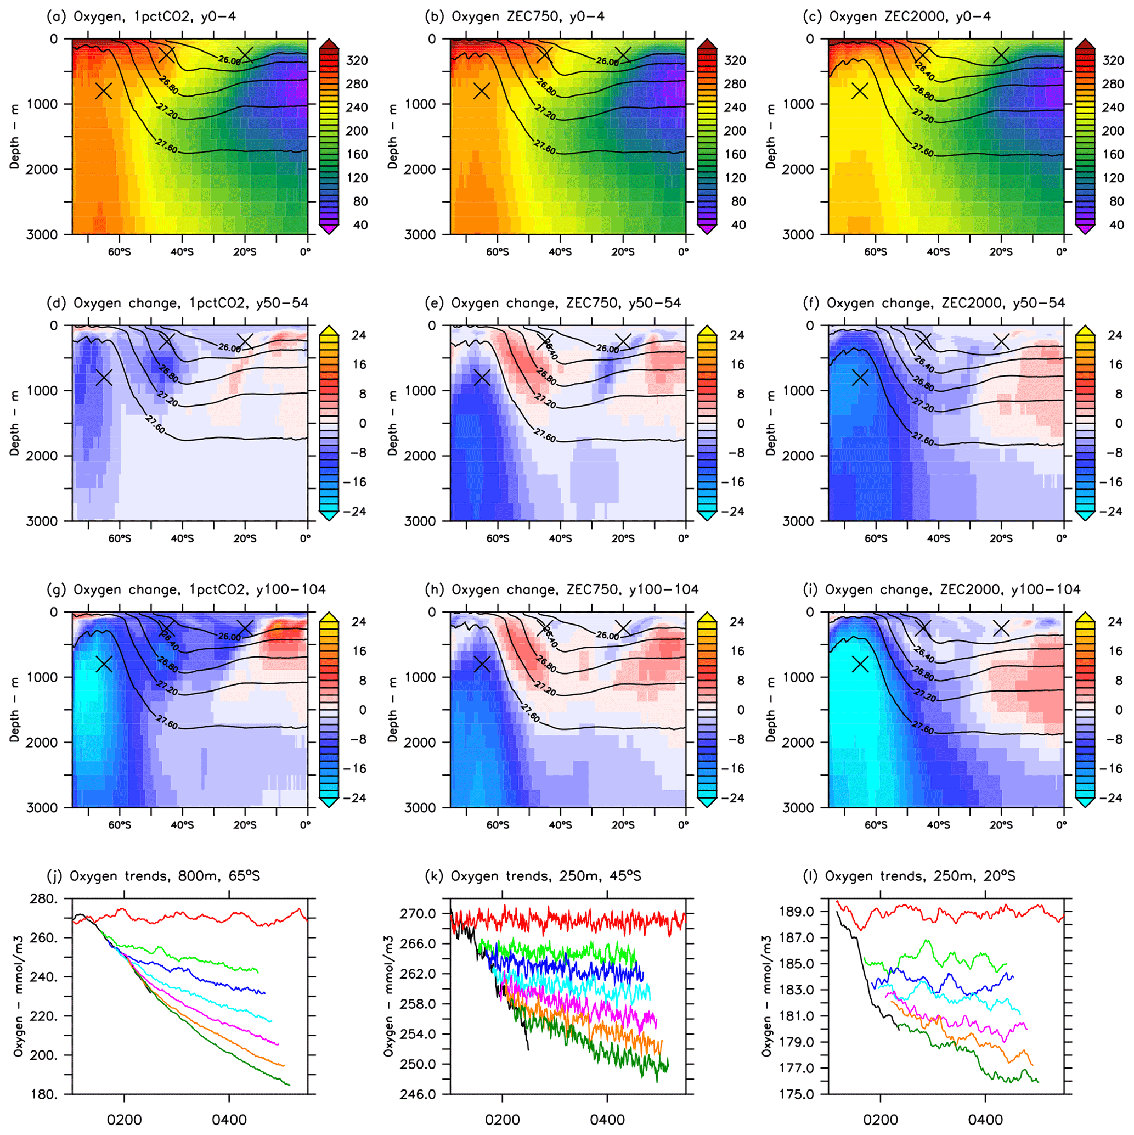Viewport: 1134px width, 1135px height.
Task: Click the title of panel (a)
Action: [141, 16]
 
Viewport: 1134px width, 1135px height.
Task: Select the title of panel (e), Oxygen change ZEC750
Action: [552, 303]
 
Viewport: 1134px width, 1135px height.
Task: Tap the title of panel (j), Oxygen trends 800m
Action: [153, 876]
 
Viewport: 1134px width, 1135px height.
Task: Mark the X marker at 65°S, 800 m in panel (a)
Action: [104, 91]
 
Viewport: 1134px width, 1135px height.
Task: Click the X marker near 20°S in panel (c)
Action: [1001, 55]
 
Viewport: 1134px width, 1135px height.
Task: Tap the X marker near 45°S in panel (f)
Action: [923, 341]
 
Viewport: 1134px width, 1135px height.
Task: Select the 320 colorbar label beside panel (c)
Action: [1113, 60]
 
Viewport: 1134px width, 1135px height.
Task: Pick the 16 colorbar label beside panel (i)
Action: [1115, 651]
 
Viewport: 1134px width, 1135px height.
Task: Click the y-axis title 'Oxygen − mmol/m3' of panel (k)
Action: [390, 996]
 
